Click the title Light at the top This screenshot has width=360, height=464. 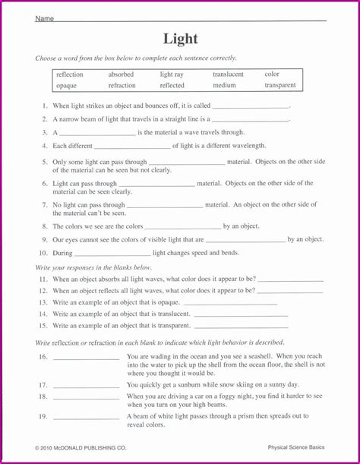(179, 39)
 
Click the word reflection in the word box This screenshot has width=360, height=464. (70, 74)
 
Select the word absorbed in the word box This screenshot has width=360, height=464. (121, 74)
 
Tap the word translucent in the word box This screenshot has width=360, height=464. (228, 74)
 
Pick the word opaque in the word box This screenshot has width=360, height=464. (66, 86)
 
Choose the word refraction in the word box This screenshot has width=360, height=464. (122, 86)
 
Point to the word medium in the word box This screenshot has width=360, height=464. (224, 86)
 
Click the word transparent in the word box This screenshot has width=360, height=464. (280, 86)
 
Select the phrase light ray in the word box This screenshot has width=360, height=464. (172, 74)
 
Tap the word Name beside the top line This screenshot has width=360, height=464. (44, 19)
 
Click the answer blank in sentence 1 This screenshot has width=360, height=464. (251, 107)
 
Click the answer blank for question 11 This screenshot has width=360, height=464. (290, 279)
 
